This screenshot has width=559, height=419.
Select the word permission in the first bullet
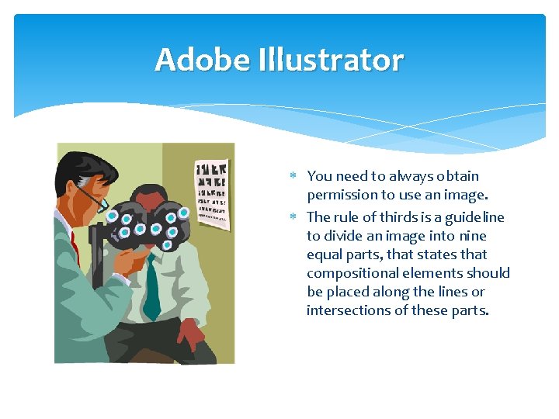[x=341, y=195]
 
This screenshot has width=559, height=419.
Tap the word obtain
[x=457, y=176]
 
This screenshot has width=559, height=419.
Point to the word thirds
[x=388, y=217]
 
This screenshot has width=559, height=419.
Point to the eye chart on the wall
[x=212, y=194]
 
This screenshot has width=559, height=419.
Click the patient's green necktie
[x=152, y=287]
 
